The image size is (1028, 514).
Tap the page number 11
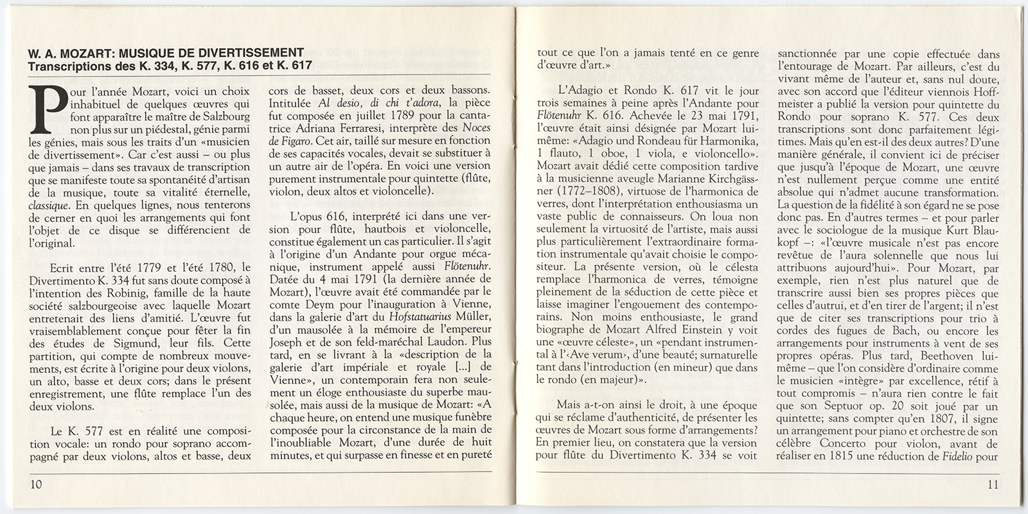[x=993, y=484]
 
